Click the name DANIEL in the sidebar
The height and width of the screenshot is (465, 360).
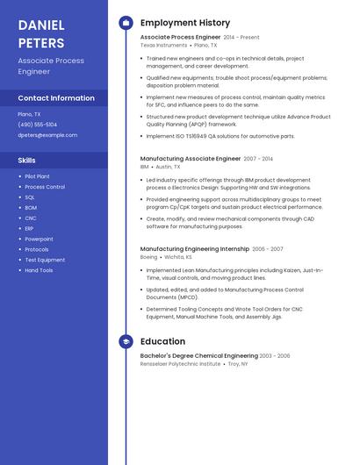click(41, 25)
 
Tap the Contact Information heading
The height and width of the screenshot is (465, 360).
click(56, 98)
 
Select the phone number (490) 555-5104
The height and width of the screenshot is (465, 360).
click(38, 125)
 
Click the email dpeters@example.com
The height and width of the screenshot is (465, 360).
click(47, 135)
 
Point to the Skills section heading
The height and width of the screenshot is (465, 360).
click(27, 161)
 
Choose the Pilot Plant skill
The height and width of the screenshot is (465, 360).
click(38, 176)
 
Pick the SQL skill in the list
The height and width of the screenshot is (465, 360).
click(30, 197)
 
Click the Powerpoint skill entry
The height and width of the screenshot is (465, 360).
click(40, 239)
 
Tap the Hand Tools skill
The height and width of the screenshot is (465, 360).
click(39, 270)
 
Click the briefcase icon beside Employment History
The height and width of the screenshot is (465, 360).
click(126, 23)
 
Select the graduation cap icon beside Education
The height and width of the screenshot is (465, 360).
click(126, 341)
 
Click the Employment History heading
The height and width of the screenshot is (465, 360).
click(185, 23)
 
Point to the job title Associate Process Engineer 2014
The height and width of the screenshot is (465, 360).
click(180, 38)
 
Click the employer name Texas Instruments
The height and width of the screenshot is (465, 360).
click(163, 45)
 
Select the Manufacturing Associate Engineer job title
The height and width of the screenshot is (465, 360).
click(191, 159)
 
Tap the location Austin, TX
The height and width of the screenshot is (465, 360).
click(168, 166)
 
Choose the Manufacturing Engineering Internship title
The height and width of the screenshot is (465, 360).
click(195, 249)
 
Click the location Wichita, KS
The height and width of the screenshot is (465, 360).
click(176, 257)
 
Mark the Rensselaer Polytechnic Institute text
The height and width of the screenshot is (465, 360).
click(180, 363)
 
